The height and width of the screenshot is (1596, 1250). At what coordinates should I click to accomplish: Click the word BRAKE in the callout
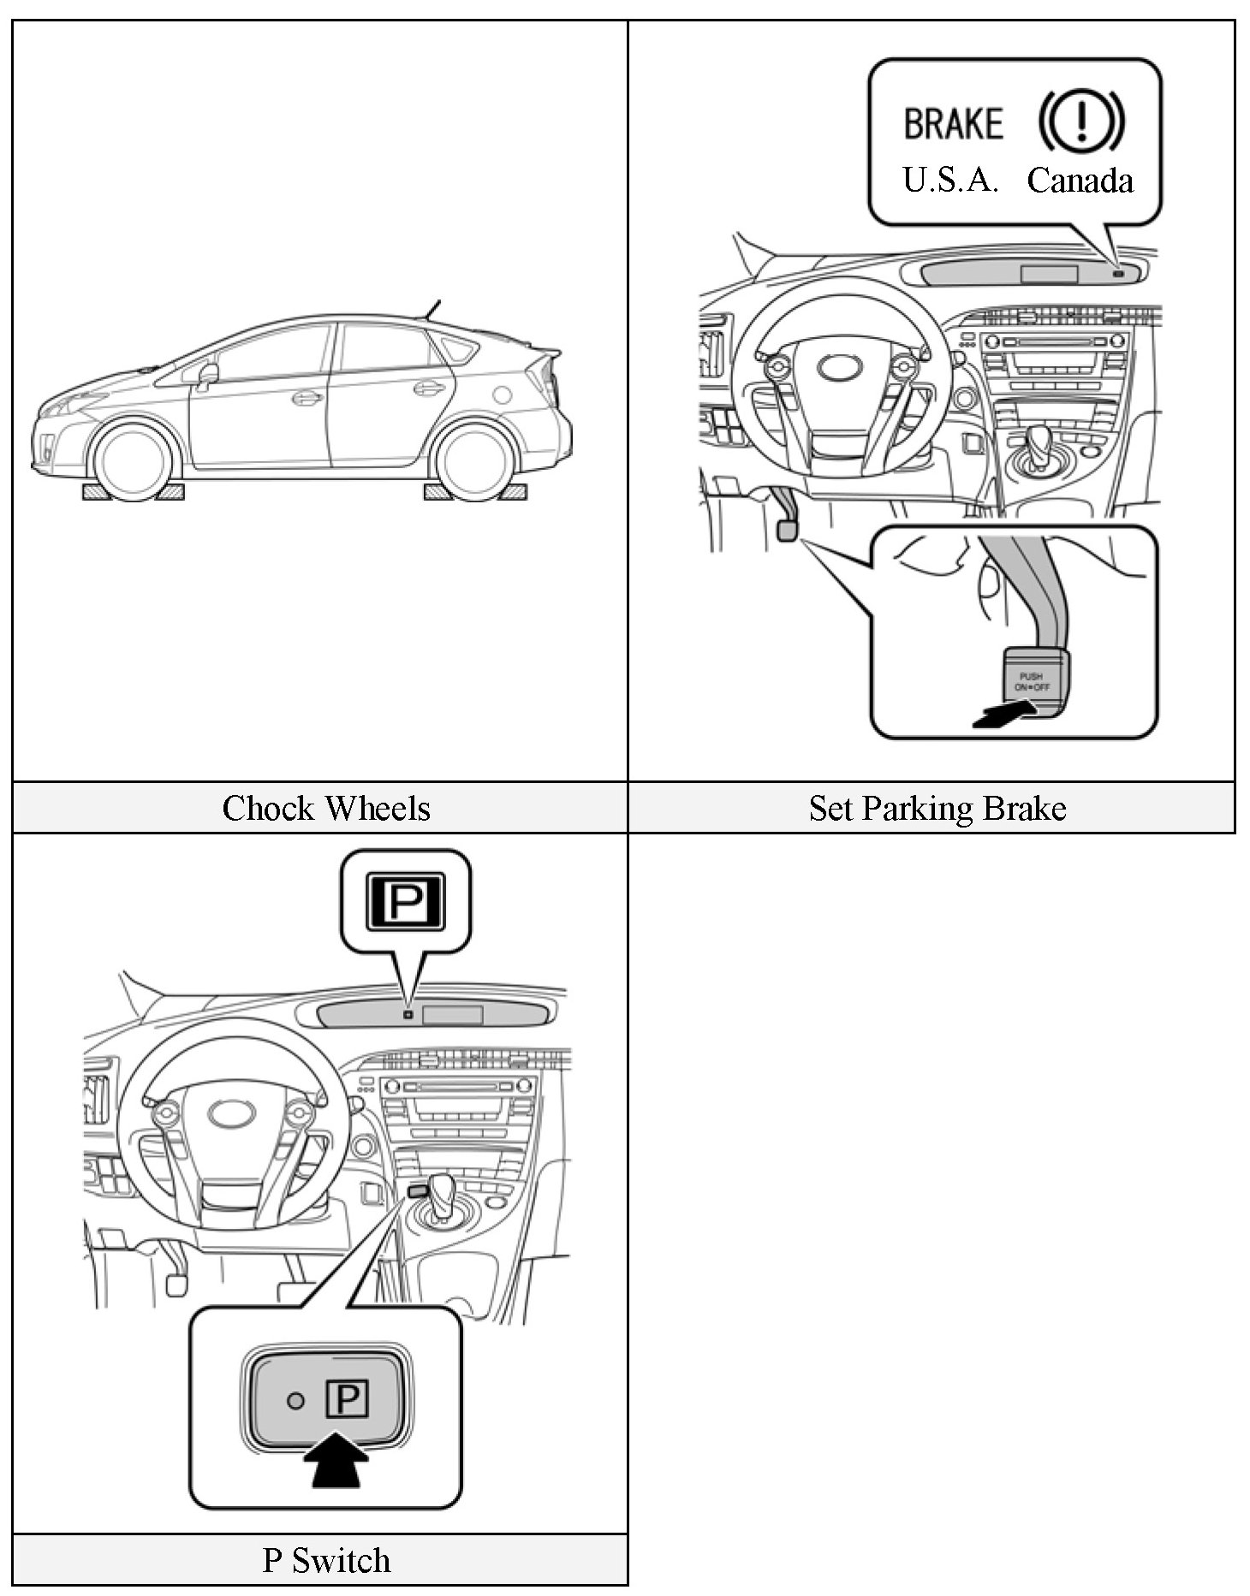click(953, 123)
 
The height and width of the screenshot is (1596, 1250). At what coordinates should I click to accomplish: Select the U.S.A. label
click(950, 180)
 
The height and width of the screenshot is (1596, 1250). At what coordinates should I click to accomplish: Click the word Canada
click(1080, 181)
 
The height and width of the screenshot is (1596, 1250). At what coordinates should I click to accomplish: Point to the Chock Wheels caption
click(326, 808)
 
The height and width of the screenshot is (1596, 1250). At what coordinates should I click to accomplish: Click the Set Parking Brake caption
click(937, 808)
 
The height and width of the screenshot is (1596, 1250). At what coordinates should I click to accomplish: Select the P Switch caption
click(326, 1560)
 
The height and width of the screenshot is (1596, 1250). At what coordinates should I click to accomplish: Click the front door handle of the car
click(305, 398)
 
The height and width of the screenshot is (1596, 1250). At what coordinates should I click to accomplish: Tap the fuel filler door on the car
click(503, 395)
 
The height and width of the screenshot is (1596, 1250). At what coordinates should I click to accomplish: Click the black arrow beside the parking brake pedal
click(1003, 715)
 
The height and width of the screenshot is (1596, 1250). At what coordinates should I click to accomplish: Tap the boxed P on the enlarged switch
click(348, 1400)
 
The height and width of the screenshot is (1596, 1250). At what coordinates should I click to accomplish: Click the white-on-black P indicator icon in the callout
click(405, 901)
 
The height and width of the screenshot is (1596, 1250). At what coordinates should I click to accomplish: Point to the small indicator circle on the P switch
click(295, 1401)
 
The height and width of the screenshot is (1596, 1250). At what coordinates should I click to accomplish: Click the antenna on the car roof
click(432, 309)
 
